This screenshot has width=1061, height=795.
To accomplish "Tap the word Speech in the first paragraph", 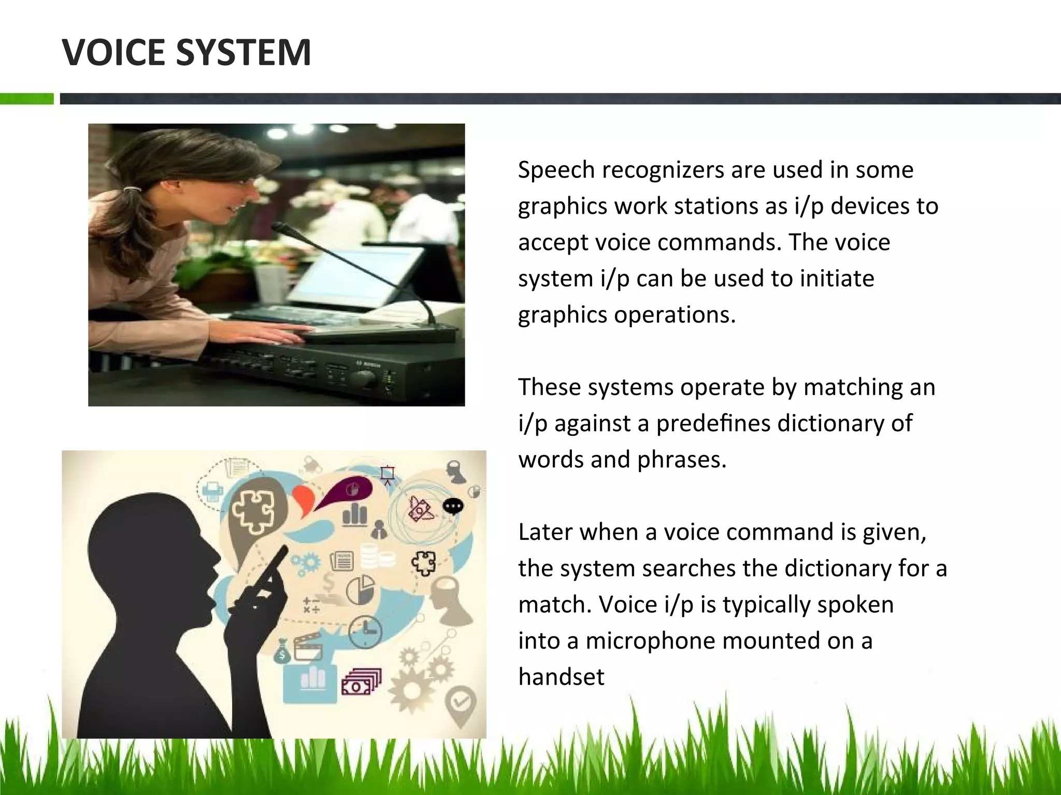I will point(556,171).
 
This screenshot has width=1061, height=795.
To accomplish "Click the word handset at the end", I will point(561,677).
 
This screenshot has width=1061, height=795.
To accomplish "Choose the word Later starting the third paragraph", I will point(544,532).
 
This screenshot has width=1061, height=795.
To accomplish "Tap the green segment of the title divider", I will point(26,99).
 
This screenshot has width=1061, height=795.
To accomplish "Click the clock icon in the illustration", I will point(365,631).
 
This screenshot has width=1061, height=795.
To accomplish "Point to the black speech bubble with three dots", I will point(453,506).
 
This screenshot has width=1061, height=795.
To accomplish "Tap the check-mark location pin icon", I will point(461,704).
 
